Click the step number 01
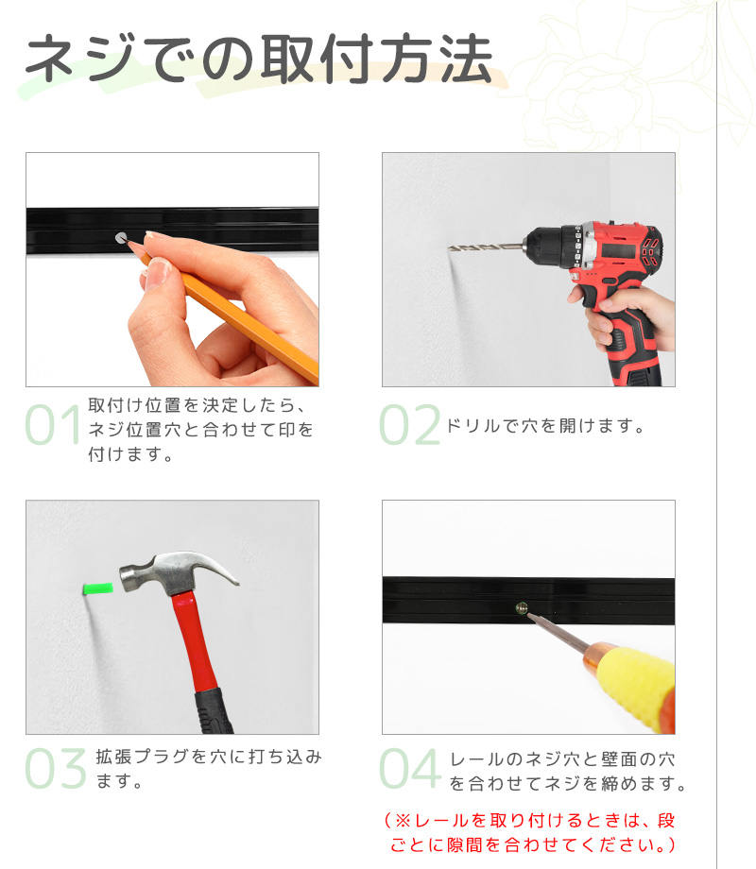pyautogui.click(x=54, y=424)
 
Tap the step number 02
pyautogui.click(x=409, y=424)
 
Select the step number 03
pyautogui.click(x=56, y=768)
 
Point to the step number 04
pyautogui.click(x=410, y=768)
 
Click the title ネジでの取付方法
pyautogui.click(x=259, y=59)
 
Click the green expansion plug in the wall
pyautogui.click(x=97, y=588)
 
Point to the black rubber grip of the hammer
pyautogui.click(x=213, y=711)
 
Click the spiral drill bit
pyautogui.click(x=486, y=247)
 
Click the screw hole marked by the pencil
pyautogui.click(x=120, y=238)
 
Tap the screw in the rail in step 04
pyautogui.click(x=521, y=608)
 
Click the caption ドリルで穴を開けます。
pyautogui.click(x=546, y=426)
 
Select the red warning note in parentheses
pyautogui.click(x=530, y=832)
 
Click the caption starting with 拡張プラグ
pyautogui.click(x=209, y=768)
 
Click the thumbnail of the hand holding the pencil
pyautogui.click(x=173, y=269)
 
